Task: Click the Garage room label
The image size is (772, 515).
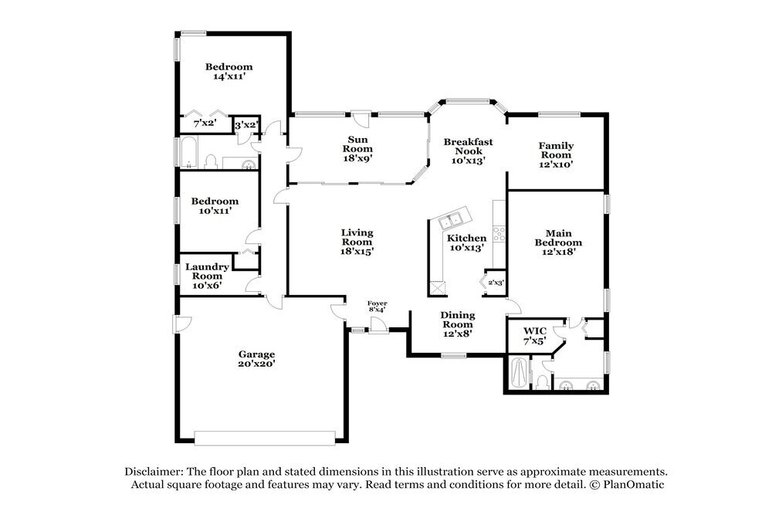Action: pos(256,359)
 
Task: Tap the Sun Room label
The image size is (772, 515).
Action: pos(357,149)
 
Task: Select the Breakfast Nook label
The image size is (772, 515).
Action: pos(469,151)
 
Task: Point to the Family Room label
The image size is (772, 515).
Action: pos(556,154)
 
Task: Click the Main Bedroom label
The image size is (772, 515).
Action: pos(558,242)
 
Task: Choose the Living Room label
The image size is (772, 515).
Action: pos(357,242)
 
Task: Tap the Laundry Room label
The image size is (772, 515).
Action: pos(207,276)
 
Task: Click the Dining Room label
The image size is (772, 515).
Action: pos(457,324)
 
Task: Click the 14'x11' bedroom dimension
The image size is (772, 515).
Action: pos(229,76)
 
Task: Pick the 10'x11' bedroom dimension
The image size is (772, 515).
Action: pos(215,211)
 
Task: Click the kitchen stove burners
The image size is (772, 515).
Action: pos(499,233)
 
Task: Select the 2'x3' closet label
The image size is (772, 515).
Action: pos(496,283)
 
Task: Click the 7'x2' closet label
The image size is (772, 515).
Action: pos(205,123)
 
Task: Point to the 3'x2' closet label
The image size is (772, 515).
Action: pos(246,126)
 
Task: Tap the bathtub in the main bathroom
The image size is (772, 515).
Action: pos(519,373)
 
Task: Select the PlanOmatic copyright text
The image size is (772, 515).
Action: pos(627,484)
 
